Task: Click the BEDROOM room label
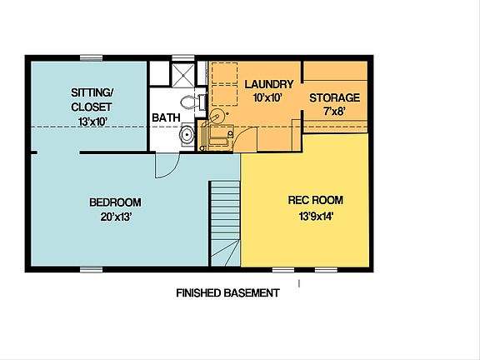point(115,202)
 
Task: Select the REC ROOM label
point(315,201)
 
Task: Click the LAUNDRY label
point(267,84)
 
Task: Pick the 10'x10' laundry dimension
point(267,97)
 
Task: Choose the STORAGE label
point(334,97)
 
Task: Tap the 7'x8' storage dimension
point(334,111)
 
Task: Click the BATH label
point(165,118)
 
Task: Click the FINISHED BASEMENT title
point(227,293)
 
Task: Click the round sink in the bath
point(187,134)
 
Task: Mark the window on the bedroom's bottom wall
point(92,268)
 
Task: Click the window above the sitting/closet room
point(92,57)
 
